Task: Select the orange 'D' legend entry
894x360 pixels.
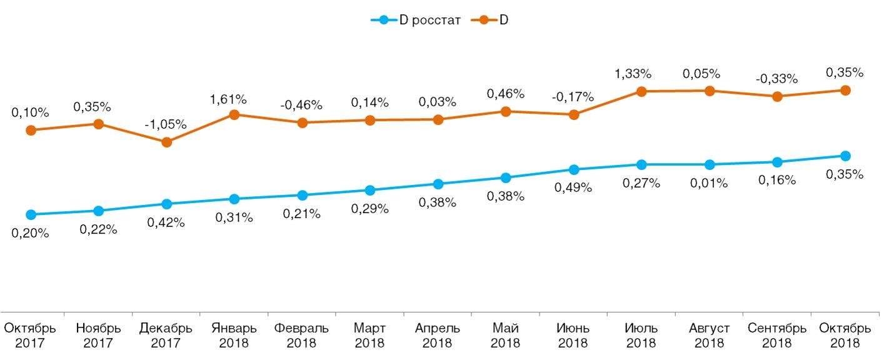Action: click(496, 20)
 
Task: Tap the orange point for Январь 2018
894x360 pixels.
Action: click(234, 114)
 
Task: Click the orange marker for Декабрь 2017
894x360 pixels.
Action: click(166, 142)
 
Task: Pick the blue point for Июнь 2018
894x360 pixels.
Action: click(573, 169)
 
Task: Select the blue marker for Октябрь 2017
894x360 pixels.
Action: click(31, 214)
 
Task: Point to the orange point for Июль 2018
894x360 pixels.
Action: click(641, 91)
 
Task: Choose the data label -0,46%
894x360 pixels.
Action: click(301, 105)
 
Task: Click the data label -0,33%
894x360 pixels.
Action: click(776, 79)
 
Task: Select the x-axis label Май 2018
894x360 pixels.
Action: click(505, 336)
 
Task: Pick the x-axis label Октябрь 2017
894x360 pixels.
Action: click(31, 336)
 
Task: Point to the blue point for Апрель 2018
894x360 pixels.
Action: click(438, 184)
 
